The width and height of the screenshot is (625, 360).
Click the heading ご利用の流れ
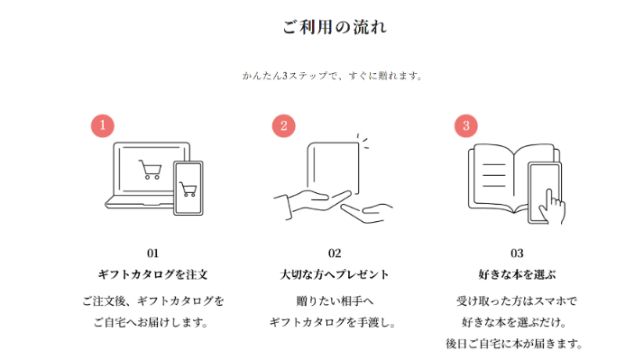coord(335,27)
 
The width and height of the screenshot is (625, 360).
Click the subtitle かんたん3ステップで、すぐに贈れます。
coord(333,76)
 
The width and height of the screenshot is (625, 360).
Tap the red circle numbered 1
coord(103,125)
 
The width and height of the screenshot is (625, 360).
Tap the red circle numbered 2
coord(284,126)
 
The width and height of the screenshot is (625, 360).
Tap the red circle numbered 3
coord(466,126)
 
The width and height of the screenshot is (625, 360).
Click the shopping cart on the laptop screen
coord(151,170)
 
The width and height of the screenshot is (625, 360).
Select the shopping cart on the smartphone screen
coord(188,189)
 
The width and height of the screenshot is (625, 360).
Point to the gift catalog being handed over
coord(333,168)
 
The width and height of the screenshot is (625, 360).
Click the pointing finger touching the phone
coord(552,207)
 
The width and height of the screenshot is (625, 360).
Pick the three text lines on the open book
coord(494,175)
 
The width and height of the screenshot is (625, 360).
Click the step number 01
coord(152,254)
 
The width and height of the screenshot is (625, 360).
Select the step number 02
coord(335,254)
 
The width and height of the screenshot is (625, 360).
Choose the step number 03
coord(517,254)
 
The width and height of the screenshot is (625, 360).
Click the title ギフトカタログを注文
coord(152,274)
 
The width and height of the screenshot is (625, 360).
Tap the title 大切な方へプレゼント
coord(335,274)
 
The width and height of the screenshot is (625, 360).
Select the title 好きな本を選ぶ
coord(517,274)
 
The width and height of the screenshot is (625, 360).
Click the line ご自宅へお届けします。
coord(152,322)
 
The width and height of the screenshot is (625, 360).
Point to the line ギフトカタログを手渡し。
coord(333,322)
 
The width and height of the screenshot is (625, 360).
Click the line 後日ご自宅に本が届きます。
coord(514,343)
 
